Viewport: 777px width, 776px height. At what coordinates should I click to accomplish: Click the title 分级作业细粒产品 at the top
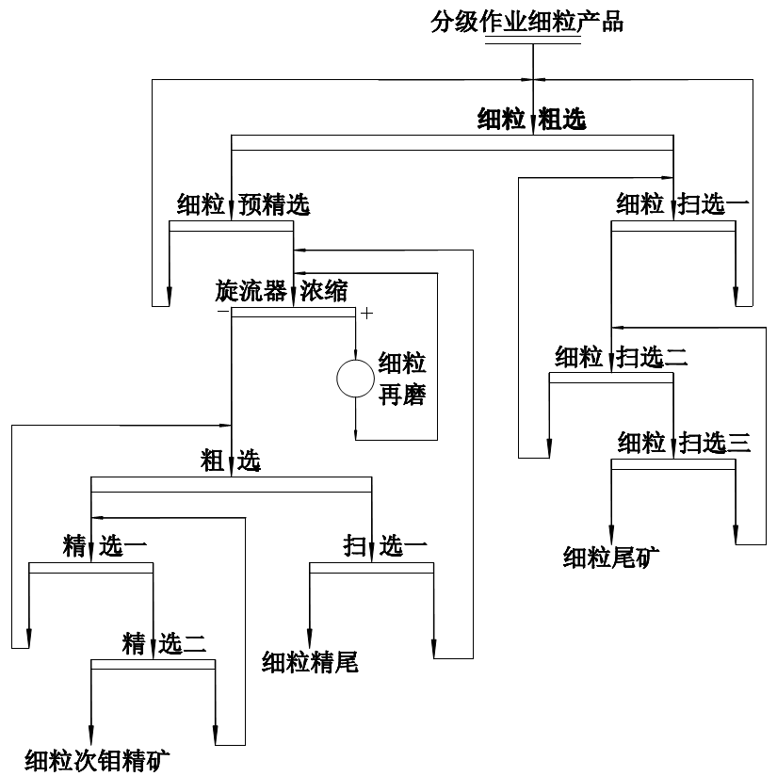pyautogui.click(x=527, y=22)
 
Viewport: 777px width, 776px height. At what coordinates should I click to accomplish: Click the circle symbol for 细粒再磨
pyautogui.click(x=355, y=378)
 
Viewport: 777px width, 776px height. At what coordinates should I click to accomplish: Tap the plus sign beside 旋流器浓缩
pyautogui.click(x=367, y=313)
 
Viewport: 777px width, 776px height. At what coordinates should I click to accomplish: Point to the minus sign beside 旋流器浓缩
pyautogui.click(x=222, y=312)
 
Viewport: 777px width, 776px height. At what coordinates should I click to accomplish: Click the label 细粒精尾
pyautogui.click(x=310, y=662)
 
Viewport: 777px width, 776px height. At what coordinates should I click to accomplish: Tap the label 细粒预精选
pyautogui.click(x=243, y=205)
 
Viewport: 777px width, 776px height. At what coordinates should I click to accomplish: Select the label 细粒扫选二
pyautogui.click(x=622, y=357)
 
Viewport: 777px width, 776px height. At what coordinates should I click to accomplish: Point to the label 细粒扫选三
pyautogui.click(x=684, y=442)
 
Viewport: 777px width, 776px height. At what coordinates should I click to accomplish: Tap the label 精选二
pyautogui.click(x=164, y=644)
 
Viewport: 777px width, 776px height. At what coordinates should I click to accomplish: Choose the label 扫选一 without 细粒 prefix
pyautogui.click(x=385, y=545)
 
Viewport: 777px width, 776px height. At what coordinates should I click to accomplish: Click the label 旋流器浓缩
pyautogui.click(x=281, y=291)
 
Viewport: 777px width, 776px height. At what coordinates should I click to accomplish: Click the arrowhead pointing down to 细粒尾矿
pyautogui.click(x=612, y=533)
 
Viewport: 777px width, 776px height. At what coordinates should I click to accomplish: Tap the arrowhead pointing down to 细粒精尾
pyautogui.click(x=310, y=638)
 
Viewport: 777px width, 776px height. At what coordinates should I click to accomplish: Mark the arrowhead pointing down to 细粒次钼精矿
pyautogui.click(x=91, y=736)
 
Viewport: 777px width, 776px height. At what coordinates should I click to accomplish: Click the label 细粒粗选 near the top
pyautogui.click(x=531, y=120)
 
